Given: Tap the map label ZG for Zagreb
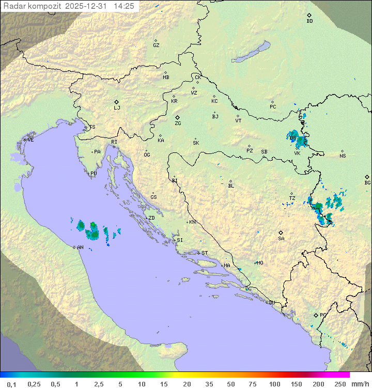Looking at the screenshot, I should coord(178,123).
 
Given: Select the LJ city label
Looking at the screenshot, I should coord(117,108).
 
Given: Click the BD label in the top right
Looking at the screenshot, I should coord(309,21).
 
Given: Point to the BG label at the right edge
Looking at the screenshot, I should coord(367,182).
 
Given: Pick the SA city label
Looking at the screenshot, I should coord(281,238).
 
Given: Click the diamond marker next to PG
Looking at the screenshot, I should coord(316,315).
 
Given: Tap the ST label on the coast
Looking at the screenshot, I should coord(205,253).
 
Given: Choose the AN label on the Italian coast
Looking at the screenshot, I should coord(80,247).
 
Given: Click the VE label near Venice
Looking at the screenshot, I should coord(30,140).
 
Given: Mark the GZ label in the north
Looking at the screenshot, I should coord(156,45).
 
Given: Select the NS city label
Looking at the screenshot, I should coord(343,156).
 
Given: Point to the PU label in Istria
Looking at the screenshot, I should coord(94,174).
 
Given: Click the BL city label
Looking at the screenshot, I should coord(231,185).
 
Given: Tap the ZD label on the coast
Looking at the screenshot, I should coord(151,218).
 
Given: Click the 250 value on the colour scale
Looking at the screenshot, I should coord(339,384).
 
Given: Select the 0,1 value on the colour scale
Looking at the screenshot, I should coord(11,384).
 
